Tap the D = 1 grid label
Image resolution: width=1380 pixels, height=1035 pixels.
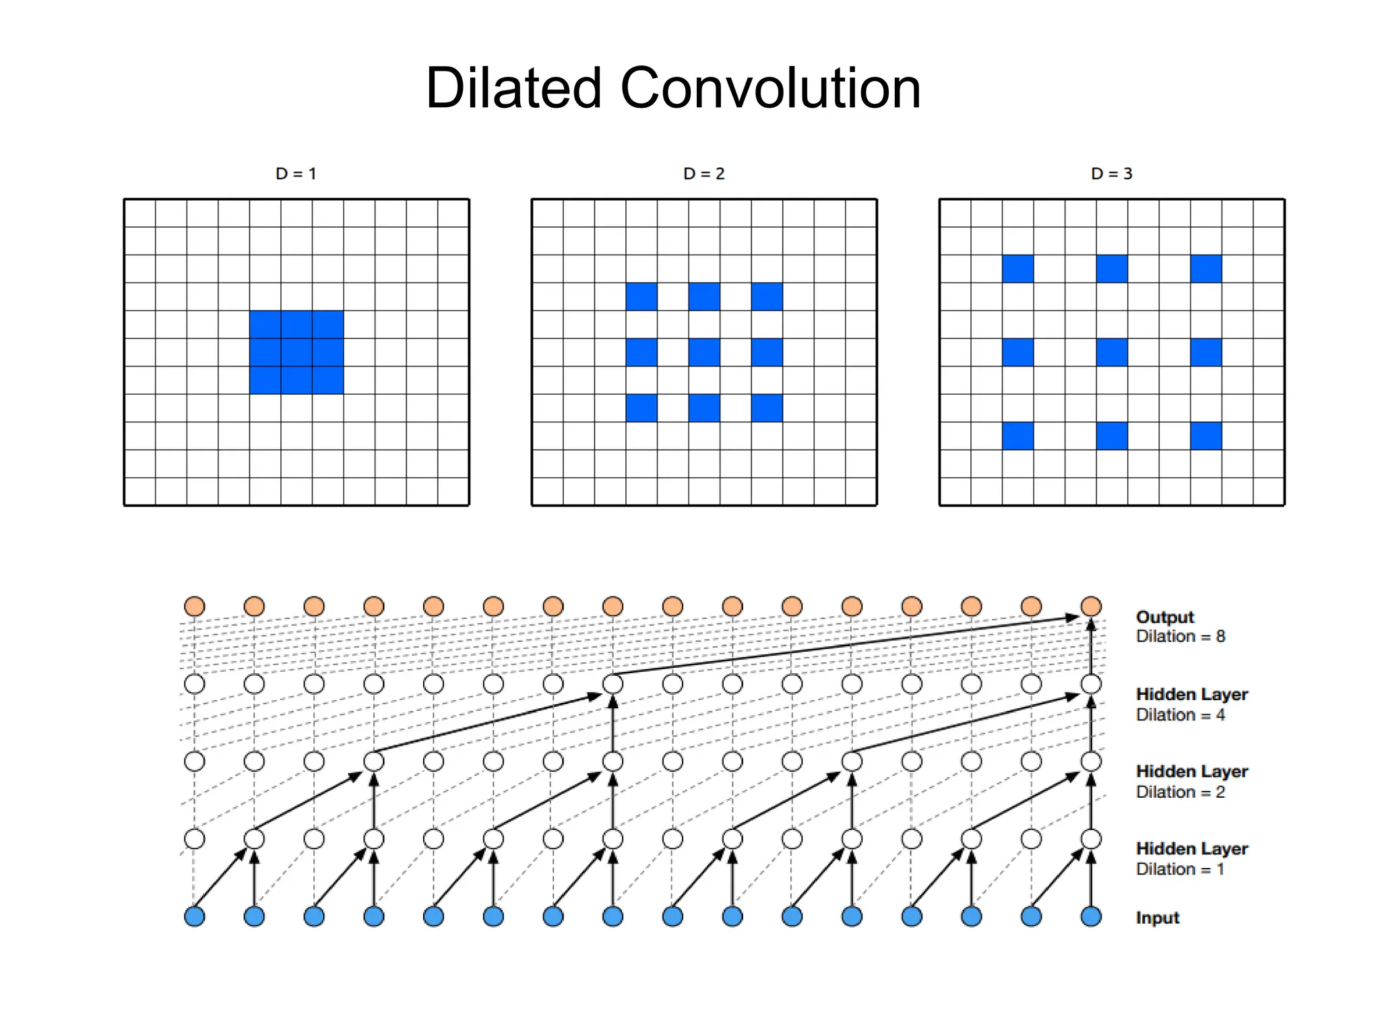point(296,174)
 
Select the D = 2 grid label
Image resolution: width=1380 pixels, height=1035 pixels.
point(703,174)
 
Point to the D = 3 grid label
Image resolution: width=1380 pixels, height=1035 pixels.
point(1112,174)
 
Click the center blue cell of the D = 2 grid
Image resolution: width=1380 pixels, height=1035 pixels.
point(704,352)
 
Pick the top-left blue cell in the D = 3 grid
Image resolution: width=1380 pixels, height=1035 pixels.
point(1017,269)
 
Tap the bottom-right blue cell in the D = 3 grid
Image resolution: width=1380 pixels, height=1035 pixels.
point(1205,436)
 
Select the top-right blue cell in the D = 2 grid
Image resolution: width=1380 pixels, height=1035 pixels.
point(767,296)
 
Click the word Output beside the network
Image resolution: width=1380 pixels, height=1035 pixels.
point(1164,617)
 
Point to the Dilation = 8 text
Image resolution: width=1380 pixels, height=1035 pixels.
point(1181,636)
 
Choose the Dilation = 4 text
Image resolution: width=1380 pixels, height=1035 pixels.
point(1181,715)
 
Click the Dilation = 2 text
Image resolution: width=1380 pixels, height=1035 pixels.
point(1181,792)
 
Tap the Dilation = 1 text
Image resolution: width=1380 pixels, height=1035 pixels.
point(1180,869)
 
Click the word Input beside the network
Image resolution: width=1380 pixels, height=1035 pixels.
point(1158,918)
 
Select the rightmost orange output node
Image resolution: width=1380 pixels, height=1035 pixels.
point(1091,606)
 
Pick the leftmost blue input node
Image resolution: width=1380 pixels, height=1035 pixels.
point(195,916)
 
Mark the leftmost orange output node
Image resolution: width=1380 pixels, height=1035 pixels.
point(195,606)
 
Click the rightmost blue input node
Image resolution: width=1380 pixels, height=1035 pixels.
point(1091,916)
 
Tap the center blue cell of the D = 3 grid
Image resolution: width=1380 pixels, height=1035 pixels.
point(1112,352)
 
